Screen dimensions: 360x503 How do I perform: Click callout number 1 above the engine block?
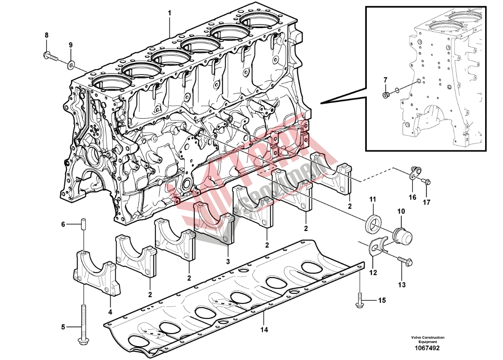pyautogui.click(x=170, y=13)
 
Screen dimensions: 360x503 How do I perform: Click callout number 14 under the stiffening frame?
pyautogui.click(x=264, y=330)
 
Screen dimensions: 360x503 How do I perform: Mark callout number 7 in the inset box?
pyautogui.click(x=386, y=79)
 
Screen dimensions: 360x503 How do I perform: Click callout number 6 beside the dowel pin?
pyautogui.click(x=63, y=224)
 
